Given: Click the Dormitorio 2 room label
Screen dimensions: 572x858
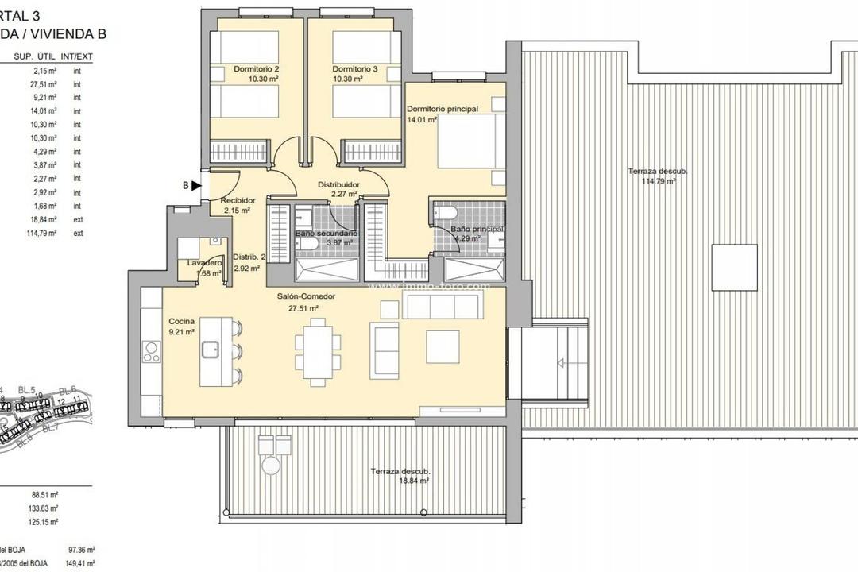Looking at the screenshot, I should point(256,69).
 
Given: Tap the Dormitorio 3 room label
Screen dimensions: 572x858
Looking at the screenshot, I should point(355,69).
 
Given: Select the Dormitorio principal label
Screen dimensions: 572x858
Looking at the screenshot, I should point(442,109).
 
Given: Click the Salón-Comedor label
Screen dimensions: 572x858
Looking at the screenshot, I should point(311,296).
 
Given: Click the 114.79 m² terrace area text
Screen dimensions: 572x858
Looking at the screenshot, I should point(659,181).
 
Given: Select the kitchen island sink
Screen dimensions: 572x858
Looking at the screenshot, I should point(211,348).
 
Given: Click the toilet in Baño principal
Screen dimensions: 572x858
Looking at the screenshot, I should point(445,212).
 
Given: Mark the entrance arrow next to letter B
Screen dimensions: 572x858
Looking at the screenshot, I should point(196,186).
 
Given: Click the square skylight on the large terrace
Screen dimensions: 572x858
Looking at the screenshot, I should point(733,268).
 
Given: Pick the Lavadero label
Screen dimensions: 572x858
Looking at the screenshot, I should point(203,262).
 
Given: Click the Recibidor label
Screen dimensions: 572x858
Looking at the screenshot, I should point(238,201).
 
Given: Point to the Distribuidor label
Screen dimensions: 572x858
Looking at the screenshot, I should point(339,184).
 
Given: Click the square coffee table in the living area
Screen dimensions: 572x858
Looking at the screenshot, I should point(443,346).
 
